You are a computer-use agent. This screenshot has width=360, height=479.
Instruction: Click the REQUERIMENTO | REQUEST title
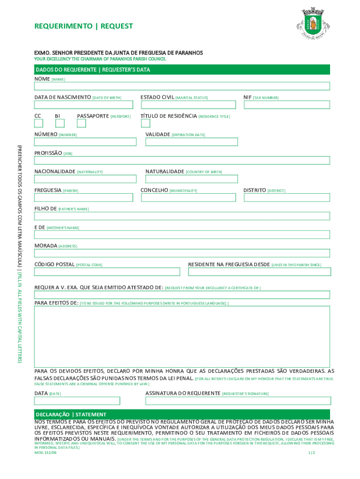84,27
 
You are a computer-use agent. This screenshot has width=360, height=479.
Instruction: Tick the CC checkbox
38,123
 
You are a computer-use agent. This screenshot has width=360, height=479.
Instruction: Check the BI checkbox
59,123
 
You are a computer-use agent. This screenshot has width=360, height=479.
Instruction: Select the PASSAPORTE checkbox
81,123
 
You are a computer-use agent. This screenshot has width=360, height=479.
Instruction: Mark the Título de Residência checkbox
145,123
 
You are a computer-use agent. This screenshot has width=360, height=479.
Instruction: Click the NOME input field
182,86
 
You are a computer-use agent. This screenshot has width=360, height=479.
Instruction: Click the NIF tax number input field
287,105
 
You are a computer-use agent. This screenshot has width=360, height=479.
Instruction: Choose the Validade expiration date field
191,142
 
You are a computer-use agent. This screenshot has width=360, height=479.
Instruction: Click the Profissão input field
182,160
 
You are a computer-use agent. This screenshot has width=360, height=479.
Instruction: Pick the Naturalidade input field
191,179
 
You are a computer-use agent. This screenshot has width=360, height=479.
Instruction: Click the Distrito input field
287,197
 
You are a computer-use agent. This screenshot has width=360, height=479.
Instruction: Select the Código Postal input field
107,272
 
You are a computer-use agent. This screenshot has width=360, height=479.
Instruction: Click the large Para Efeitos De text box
182,335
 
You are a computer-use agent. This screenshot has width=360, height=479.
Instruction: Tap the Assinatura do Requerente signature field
238,401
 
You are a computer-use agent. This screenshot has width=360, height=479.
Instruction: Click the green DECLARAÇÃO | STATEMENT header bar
182,414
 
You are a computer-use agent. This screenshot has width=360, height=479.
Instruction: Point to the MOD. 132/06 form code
45,453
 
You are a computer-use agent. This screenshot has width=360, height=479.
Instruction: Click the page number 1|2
312,453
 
